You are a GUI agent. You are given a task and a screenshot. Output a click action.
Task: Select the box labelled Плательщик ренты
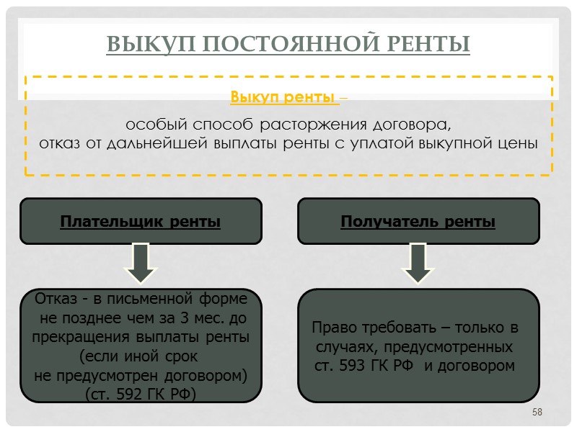click(141, 221)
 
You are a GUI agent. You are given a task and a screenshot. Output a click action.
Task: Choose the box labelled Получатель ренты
click(418, 221)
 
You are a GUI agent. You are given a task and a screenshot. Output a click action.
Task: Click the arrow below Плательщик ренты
click(141, 263)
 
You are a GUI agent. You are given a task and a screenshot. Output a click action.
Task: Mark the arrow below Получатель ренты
click(418, 263)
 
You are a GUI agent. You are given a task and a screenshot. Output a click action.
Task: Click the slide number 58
click(537, 412)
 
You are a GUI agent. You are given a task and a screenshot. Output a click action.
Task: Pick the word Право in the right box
click(331, 328)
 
